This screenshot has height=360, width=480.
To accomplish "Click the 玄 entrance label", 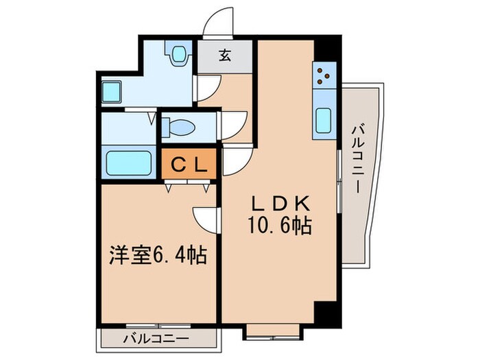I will [224, 57].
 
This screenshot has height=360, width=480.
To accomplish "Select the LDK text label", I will [280, 204].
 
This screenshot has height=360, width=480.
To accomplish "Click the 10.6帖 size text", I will [280, 226].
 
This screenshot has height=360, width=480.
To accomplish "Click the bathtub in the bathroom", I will [128, 164].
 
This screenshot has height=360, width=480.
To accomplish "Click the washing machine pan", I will [111, 92].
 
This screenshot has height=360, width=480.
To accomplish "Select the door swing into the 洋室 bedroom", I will [205, 218].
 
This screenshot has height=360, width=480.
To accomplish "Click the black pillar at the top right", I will [331, 51].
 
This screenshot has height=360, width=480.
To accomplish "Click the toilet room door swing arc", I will [233, 125].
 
